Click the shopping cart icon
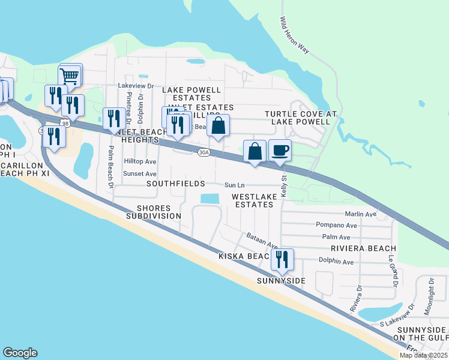click(x=70, y=76)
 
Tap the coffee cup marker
click(x=280, y=150)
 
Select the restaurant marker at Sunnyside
click(x=282, y=259)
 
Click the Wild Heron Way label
click(x=294, y=36)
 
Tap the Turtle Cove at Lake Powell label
click(x=297, y=117)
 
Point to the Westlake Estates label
click(x=254, y=200)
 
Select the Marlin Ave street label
click(x=360, y=214)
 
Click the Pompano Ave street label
click(x=336, y=226)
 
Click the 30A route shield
click(x=203, y=152)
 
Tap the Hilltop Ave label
click(x=140, y=162)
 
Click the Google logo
click(x=20, y=353)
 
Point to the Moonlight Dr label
click(x=430, y=296)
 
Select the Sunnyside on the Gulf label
click(x=420, y=334)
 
